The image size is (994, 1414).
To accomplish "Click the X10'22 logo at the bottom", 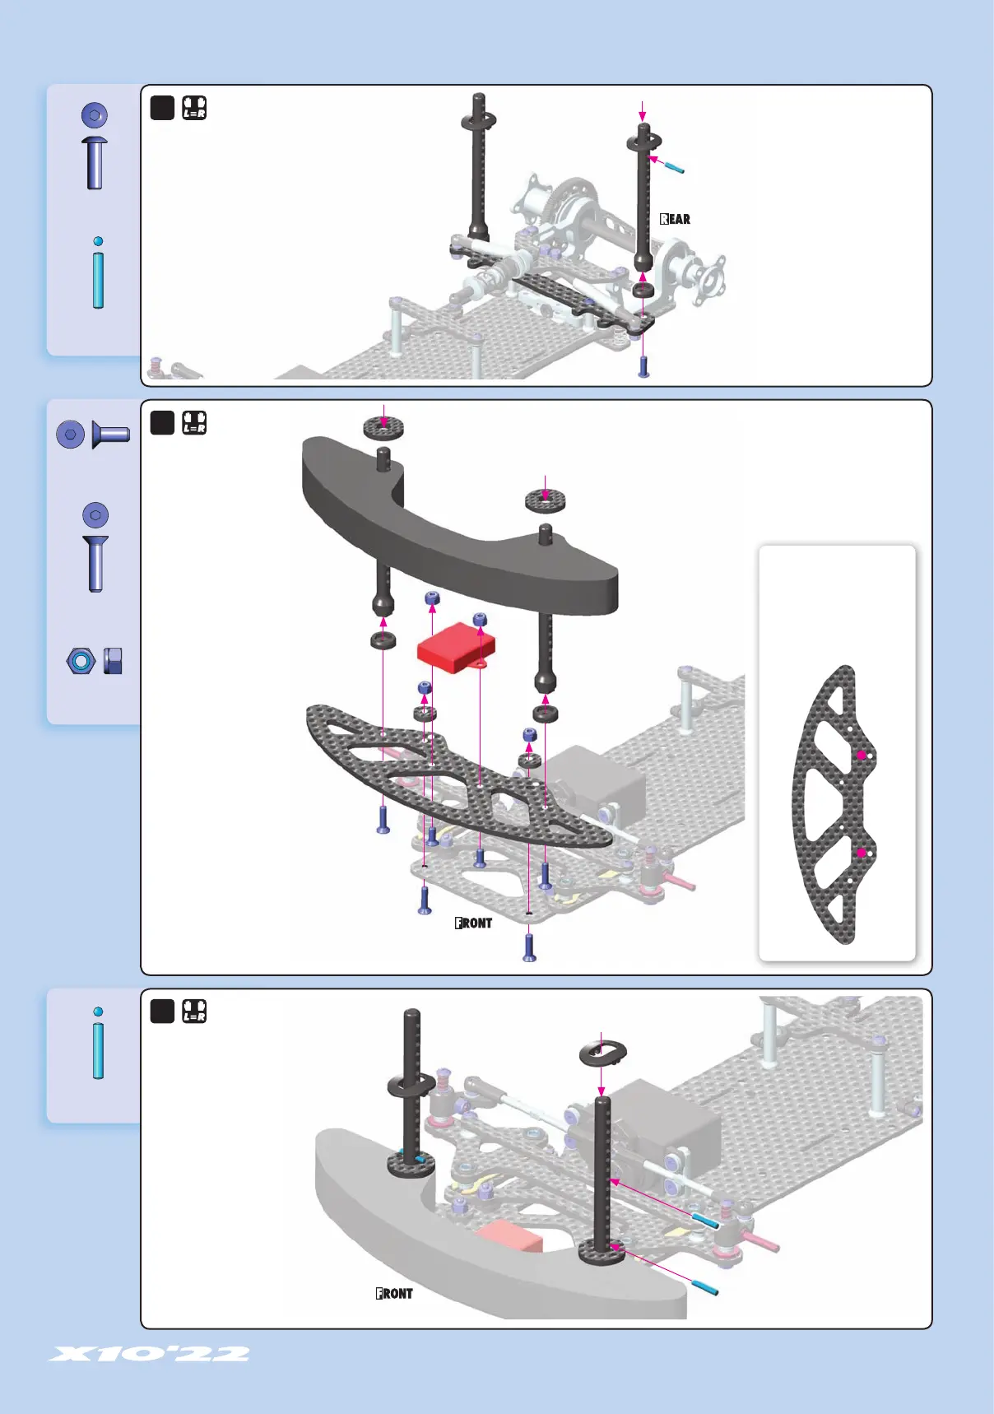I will (x=149, y=1354).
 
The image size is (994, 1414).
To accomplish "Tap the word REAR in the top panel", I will (x=675, y=219).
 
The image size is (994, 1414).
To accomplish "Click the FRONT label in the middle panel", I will (x=473, y=923).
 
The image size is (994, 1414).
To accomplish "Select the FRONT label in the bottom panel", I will (x=394, y=1294).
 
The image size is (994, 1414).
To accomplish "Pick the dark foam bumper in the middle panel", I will (x=461, y=543).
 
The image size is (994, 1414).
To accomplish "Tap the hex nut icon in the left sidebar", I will (x=81, y=661).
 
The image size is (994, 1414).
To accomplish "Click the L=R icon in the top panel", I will (x=194, y=108).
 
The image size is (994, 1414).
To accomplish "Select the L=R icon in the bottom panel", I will (x=194, y=1011).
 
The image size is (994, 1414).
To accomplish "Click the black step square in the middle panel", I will (x=162, y=422).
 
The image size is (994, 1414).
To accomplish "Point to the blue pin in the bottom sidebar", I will (x=99, y=1044).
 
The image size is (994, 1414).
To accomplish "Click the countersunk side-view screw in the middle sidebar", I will (x=110, y=434).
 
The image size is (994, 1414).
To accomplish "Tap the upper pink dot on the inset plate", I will (x=862, y=755).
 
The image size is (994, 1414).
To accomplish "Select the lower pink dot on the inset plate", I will (x=862, y=853).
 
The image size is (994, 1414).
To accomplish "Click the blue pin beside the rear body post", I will (x=674, y=167).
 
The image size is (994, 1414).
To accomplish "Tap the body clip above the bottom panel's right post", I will (x=602, y=1053).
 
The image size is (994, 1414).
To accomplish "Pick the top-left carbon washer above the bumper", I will (x=383, y=427).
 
